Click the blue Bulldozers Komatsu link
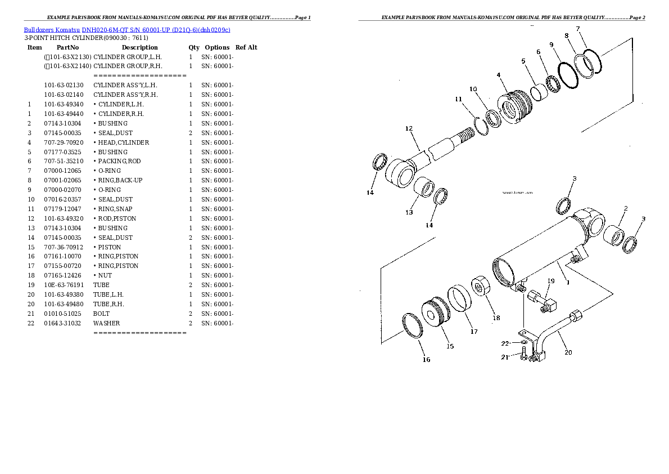point(52,29)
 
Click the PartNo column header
point(67,47)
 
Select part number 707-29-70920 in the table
point(63,142)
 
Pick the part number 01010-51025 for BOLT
point(63,314)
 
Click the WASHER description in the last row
point(106,323)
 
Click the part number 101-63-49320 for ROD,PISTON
point(63,218)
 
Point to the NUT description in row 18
point(105,275)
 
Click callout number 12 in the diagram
point(409,129)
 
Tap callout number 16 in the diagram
point(426,359)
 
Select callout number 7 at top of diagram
point(577,29)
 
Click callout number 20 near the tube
point(568,352)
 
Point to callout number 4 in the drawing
point(498,75)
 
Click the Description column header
point(139,47)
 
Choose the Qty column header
point(194,47)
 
